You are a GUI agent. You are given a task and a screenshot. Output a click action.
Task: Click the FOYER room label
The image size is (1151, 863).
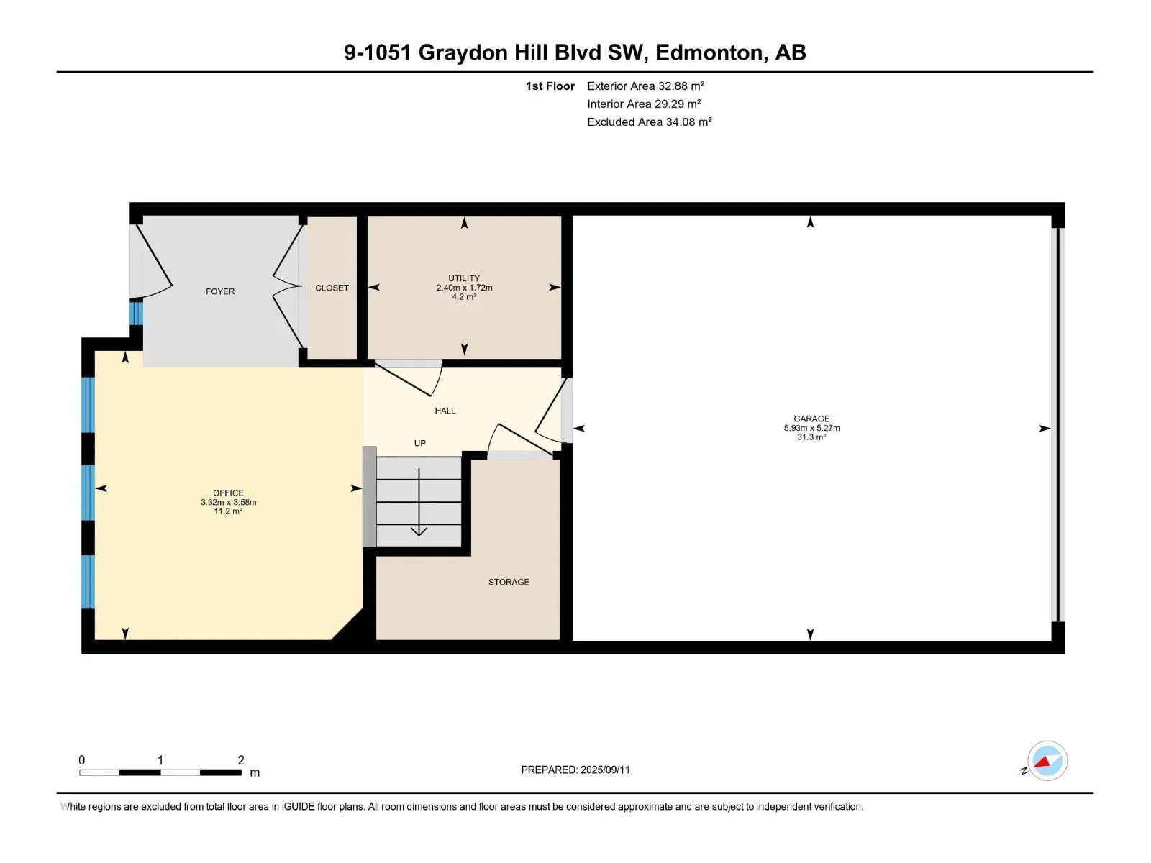[x=219, y=291]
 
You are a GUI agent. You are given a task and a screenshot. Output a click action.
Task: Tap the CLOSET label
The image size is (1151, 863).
[x=332, y=288]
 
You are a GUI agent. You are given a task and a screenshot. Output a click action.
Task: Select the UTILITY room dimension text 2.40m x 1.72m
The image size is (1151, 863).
[x=464, y=287]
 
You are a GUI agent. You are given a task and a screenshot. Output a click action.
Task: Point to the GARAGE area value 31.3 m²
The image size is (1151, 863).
[x=811, y=437]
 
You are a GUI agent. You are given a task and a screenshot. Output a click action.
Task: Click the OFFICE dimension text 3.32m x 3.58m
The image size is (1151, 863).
[x=228, y=502]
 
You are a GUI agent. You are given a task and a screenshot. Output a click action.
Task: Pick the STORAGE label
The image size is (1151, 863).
[x=509, y=582]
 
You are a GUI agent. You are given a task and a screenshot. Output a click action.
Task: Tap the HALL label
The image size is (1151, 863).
[x=445, y=411]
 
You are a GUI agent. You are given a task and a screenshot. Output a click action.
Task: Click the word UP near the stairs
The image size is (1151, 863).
[x=419, y=443]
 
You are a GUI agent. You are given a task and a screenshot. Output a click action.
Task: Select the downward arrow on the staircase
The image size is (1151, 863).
[x=419, y=502]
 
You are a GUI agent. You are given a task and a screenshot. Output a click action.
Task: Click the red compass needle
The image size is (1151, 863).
[x=1042, y=762]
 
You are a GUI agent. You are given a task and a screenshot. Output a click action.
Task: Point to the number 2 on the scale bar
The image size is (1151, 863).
[x=241, y=759]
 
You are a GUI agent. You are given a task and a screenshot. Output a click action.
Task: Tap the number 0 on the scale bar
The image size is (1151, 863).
[x=82, y=759]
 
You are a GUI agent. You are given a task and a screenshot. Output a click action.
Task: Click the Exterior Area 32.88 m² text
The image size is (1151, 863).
[x=645, y=86]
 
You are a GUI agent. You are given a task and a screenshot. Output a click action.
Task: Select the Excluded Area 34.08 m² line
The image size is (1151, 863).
[x=649, y=122]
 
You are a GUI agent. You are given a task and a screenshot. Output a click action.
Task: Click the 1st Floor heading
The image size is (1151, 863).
[x=550, y=86]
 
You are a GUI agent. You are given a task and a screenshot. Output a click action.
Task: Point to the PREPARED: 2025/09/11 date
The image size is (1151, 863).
[x=575, y=770]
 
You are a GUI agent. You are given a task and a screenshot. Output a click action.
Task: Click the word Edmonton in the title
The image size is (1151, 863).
[x=709, y=52]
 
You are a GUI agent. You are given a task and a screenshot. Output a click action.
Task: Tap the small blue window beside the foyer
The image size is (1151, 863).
[x=137, y=312]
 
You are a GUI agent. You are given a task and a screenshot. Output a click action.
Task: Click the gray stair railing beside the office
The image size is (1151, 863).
[x=370, y=497]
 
